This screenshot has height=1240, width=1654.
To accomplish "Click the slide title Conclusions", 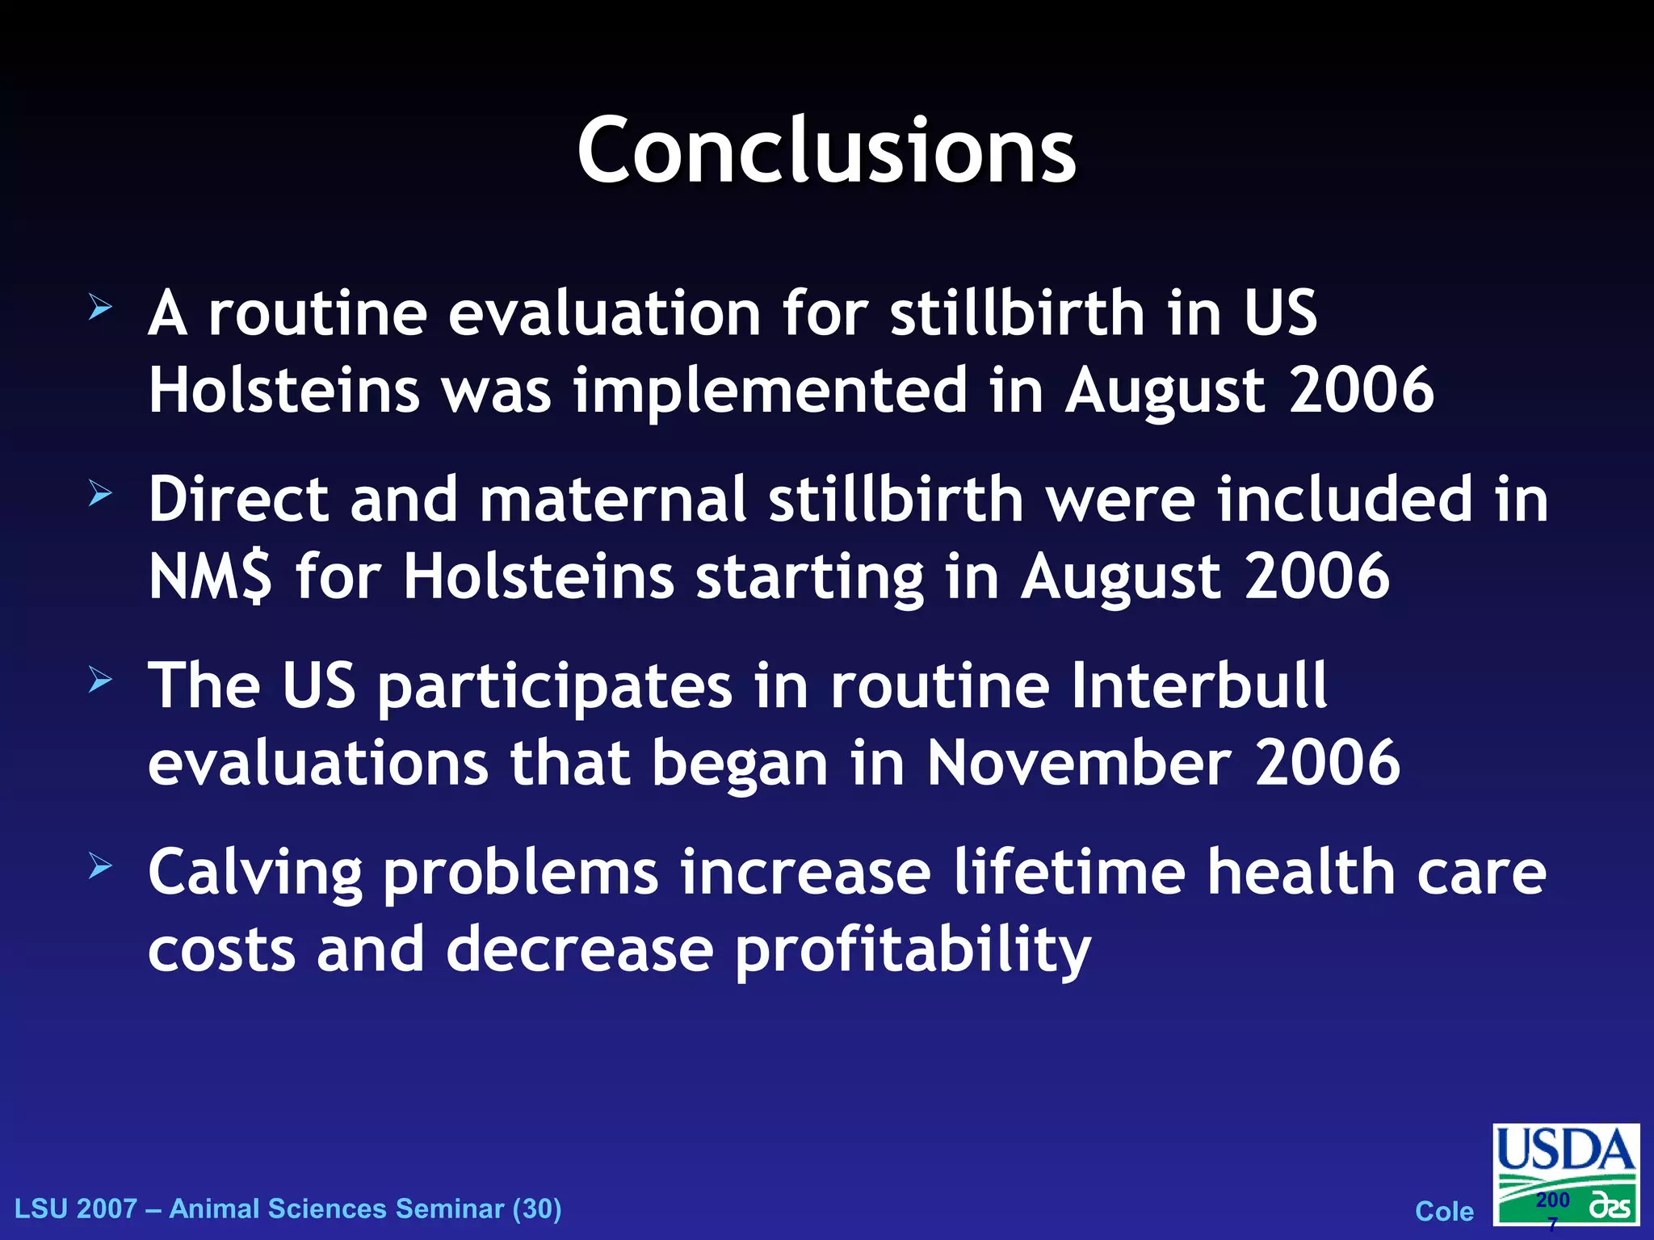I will pyautogui.click(x=826, y=151).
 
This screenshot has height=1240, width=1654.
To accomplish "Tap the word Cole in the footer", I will pyautogui.click(x=1444, y=1211).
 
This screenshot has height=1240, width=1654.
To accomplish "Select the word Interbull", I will pyautogui.click(x=1199, y=685).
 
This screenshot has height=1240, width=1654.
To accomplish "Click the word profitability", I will pyautogui.click(x=913, y=949).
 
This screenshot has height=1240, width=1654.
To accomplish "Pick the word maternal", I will pyautogui.click(x=613, y=499).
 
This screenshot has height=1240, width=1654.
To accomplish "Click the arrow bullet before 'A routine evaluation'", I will pyautogui.click(x=100, y=307).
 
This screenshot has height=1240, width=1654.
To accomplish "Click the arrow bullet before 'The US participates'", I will pyautogui.click(x=100, y=680).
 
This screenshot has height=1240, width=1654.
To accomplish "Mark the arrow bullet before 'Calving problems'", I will pyautogui.click(x=100, y=866).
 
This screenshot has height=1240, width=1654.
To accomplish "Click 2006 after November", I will pyautogui.click(x=1327, y=762).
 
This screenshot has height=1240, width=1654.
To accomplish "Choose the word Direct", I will pyautogui.click(x=238, y=499).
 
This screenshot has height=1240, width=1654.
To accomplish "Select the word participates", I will pyautogui.click(x=555, y=685).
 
